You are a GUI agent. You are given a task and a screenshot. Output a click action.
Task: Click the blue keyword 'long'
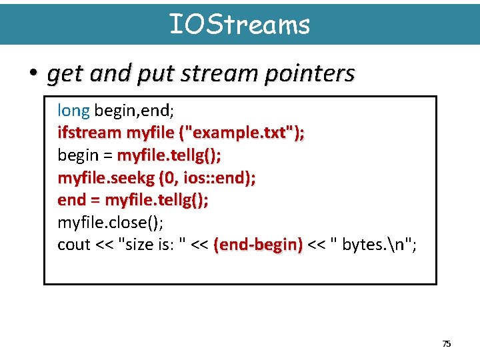click(x=73, y=110)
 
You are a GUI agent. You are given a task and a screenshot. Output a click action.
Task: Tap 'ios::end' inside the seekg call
click(x=213, y=177)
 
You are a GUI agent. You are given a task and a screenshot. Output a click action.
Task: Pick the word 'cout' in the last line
click(x=73, y=245)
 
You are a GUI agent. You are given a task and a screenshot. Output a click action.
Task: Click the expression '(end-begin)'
click(x=258, y=245)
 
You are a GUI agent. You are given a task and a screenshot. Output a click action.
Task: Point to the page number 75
click(x=447, y=344)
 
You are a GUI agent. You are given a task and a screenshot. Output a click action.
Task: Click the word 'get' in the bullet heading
click(x=62, y=74)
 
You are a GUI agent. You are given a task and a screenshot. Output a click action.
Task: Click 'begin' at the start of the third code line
click(x=77, y=155)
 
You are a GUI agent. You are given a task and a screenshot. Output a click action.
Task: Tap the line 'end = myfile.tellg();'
click(x=133, y=200)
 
